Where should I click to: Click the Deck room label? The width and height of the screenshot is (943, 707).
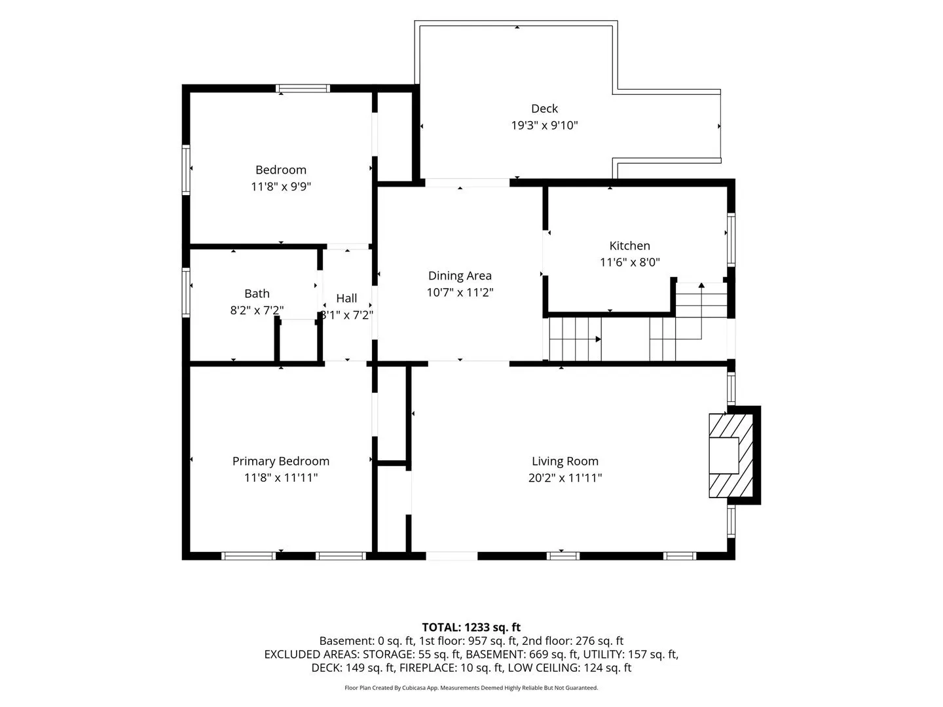544,109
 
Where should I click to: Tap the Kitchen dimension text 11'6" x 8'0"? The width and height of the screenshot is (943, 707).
630,262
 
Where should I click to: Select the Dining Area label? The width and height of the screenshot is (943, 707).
460,276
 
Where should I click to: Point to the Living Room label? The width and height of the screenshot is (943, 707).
565,461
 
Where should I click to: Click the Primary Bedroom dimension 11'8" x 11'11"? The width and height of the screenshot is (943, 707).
281,477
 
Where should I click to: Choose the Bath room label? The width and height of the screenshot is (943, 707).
257,294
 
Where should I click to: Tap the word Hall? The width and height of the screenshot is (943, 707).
346,298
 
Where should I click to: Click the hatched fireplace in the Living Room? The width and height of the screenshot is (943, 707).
731,456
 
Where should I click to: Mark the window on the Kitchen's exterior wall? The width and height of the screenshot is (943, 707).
731,240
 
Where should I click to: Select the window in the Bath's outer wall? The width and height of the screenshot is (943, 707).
186,293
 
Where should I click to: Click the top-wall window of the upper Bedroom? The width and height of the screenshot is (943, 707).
303,88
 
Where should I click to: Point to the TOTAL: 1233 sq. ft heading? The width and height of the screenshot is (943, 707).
471,627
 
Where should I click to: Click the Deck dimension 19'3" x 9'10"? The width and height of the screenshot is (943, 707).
544,125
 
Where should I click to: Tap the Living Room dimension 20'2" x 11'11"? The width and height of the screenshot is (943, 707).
565,477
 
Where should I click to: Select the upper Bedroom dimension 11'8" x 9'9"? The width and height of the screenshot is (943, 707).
281,187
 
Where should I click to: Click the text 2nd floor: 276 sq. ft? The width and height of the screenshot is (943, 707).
572,641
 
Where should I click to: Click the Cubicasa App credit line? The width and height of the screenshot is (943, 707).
471,687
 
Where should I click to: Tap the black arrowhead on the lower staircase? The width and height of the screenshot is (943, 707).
599,339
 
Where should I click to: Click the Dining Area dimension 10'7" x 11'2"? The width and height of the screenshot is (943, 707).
460,293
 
